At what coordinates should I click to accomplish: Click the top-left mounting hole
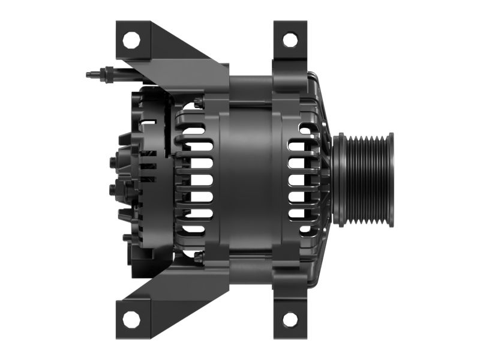(131, 40)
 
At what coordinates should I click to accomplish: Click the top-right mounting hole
(290, 40)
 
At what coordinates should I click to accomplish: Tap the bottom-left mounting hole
(131, 319)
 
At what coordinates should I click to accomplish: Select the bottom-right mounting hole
(290, 319)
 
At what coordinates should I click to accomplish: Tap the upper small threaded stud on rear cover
(113, 161)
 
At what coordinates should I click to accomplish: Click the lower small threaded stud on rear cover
(113, 190)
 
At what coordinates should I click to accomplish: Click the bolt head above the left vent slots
(199, 103)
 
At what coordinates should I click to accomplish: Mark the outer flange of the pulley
(391, 180)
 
